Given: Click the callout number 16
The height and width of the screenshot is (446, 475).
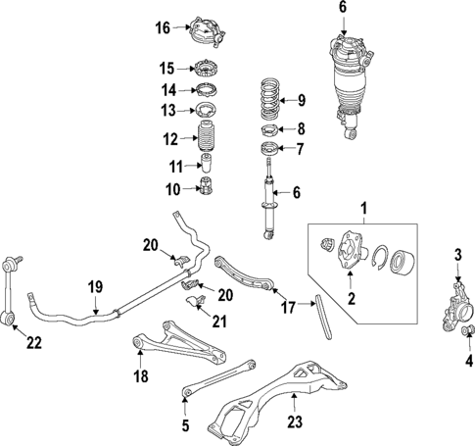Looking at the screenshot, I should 164,27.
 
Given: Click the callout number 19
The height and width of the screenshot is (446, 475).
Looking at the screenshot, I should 95,286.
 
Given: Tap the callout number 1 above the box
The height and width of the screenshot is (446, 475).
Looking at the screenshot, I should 366,209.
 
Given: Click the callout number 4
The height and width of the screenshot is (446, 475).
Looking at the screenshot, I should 469,359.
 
